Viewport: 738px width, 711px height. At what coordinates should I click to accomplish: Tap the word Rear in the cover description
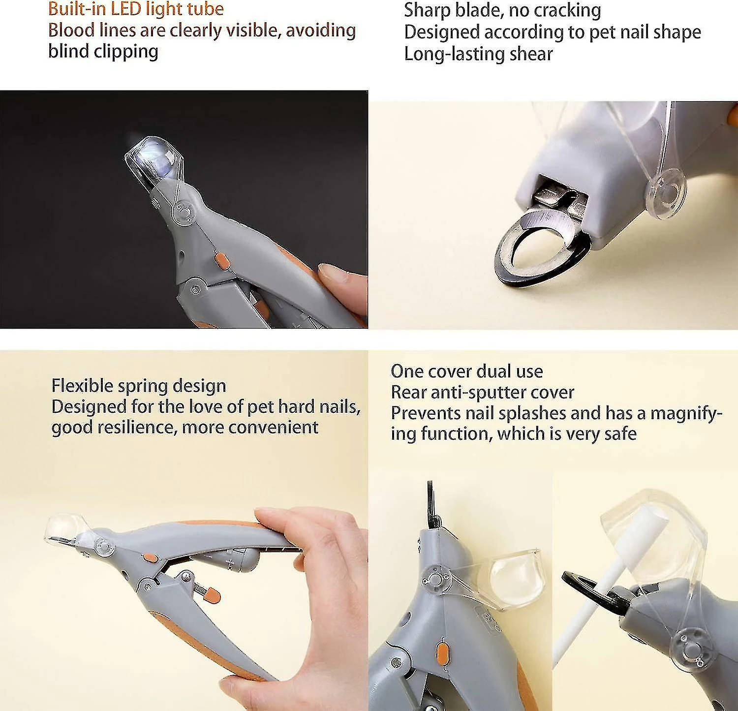coord(408,392)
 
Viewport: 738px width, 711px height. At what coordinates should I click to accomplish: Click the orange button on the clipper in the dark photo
coord(220,261)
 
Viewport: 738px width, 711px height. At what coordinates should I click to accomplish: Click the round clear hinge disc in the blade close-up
coord(667,189)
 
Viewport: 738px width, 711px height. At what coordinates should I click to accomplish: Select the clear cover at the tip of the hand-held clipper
coord(66,529)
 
